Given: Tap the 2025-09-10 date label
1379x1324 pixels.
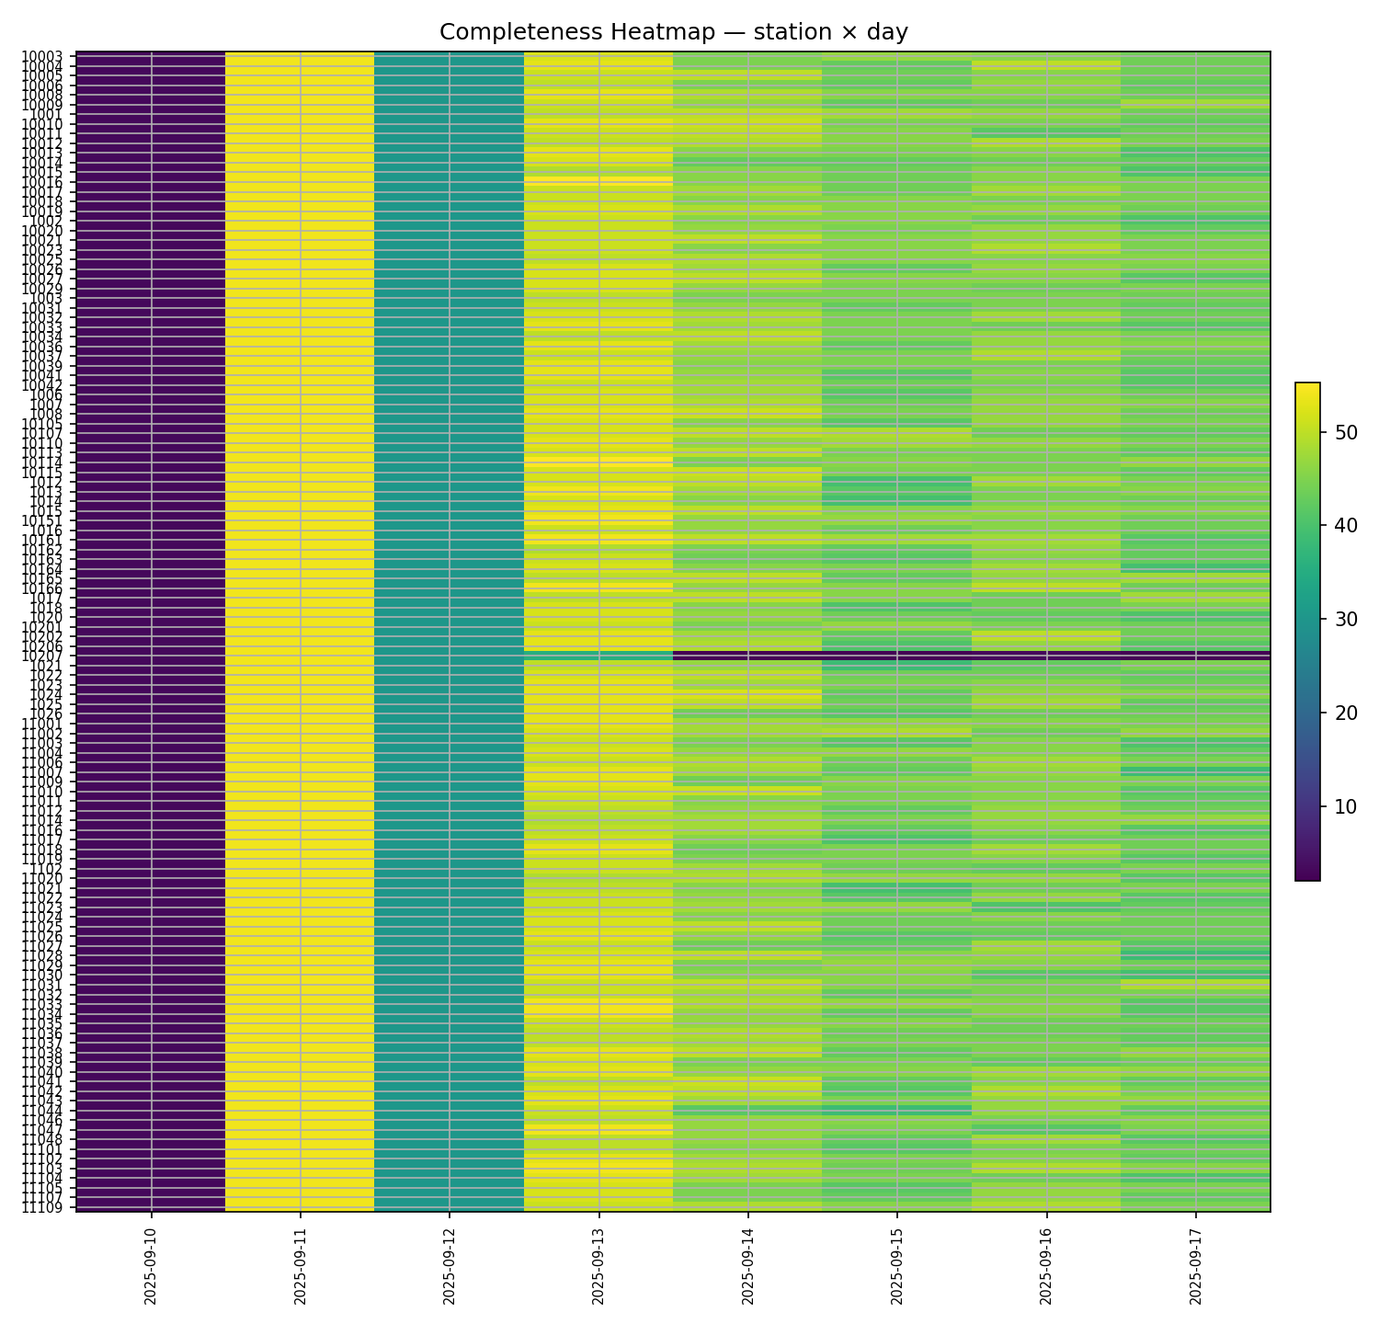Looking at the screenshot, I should click(x=151, y=1263).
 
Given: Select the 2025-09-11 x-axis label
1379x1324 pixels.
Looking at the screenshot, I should click(x=300, y=1263).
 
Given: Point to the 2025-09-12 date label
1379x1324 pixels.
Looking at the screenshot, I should click(x=450, y=1263).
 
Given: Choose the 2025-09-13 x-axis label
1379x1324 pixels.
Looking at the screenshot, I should click(x=598, y=1263).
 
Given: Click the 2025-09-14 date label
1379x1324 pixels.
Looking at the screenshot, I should click(x=748, y=1263).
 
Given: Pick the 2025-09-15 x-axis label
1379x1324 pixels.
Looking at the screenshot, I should click(x=897, y=1263).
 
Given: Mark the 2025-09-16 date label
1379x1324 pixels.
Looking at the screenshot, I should click(x=1047, y=1263).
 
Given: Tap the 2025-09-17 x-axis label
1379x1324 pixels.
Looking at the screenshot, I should click(x=1196, y=1263).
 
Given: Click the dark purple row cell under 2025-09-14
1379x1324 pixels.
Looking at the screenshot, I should click(x=748, y=656).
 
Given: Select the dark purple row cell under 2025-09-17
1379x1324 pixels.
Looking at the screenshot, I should click(x=1196, y=656).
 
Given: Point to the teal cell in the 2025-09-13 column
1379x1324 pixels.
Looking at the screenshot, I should click(x=598, y=655).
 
